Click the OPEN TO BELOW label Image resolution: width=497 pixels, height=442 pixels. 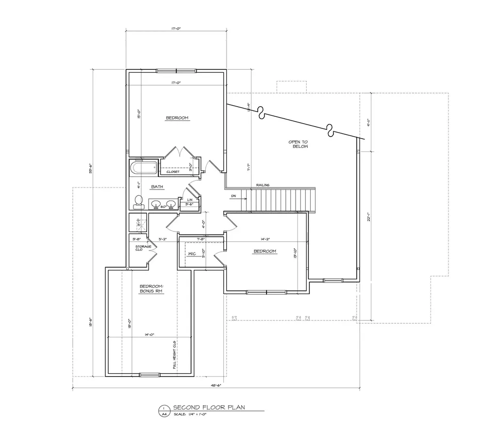pyautogui.click(x=298, y=144)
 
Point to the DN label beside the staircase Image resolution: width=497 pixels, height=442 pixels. pyautogui.click(x=233, y=196)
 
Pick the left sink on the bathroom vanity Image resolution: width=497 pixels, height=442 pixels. pyautogui.click(x=157, y=204)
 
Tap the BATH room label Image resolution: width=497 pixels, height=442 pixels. pyautogui.click(x=157, y=187)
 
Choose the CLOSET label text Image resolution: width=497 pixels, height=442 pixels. pyautogui.click(x=173, y=172)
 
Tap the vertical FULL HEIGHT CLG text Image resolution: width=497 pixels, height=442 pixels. pyautogui.click(x=174, y=355)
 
